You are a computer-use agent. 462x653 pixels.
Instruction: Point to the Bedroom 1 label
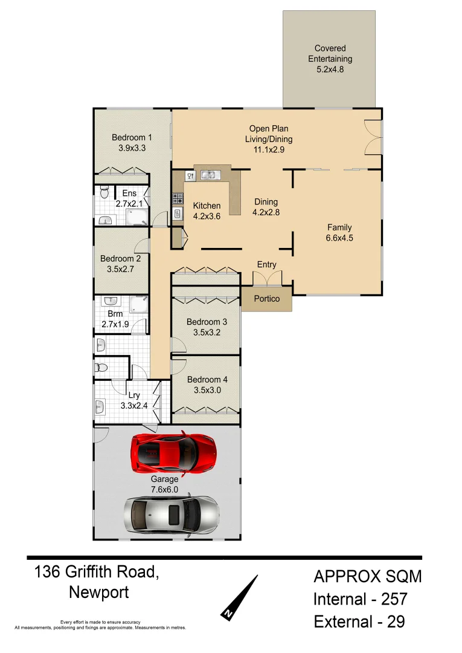tap(132, 138)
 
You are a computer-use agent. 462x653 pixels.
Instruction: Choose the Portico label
tap(266, 299)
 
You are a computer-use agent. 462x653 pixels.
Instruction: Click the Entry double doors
tap(266, 278)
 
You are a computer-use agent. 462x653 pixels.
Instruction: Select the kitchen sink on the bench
tap(210, 175)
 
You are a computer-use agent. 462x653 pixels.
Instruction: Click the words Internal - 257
tap(360, 599)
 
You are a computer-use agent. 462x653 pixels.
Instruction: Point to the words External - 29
tap(359, 622)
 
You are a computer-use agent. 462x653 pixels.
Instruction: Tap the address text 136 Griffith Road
tap(97, 571)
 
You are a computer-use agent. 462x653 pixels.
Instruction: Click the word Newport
tap(98, 593)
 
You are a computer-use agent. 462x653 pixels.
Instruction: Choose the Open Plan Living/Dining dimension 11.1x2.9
tap(269, 149)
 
